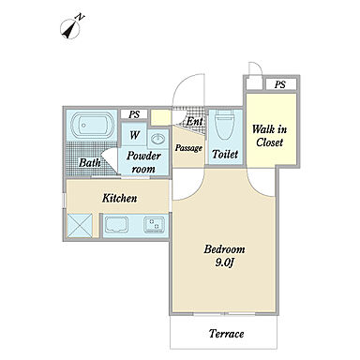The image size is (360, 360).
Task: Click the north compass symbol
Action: (72, 26)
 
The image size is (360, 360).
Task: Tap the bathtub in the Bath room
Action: (92, 125)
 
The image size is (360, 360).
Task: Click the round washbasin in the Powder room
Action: (158, 138)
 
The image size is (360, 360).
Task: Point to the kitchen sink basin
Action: (116, 225)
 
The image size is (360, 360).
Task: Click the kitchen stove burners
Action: (154, 225)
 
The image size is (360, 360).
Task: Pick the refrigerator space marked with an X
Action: (80, 225)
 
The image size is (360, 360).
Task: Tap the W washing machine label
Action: (134, 135)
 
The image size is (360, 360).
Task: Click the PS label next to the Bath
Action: (134, 114)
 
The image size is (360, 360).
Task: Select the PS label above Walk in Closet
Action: (280, 84)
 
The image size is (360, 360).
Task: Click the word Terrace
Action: (226, 334)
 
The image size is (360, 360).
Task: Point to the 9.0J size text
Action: (225, 263)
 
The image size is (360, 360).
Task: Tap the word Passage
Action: (188, 148)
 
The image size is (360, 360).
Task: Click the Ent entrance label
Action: (194, 122)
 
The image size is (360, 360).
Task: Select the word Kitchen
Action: (119, 198)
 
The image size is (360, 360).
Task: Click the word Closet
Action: (269, 142)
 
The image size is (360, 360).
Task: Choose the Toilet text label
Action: (225, 154)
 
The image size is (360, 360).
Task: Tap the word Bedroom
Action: (224, 249)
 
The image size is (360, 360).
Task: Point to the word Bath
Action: (89, 162)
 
